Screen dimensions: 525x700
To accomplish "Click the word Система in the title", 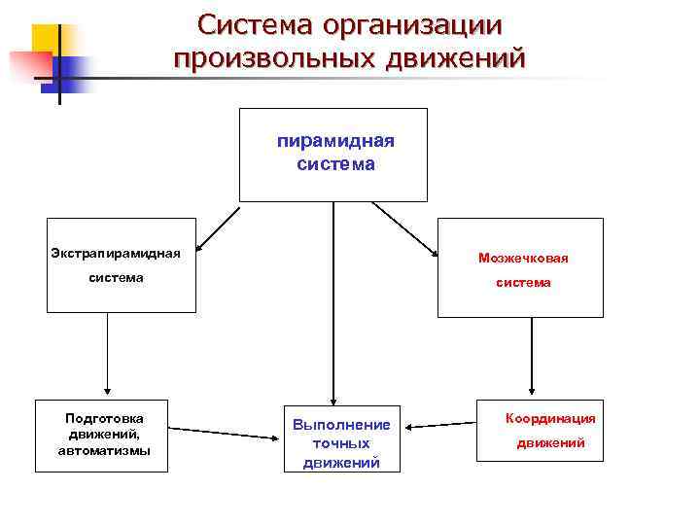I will tap(255, 23).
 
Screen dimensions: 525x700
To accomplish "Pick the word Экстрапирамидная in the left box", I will tap(116, 254).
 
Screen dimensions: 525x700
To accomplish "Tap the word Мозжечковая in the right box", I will tap(523, 259).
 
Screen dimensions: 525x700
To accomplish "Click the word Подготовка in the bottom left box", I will tap(104, 418).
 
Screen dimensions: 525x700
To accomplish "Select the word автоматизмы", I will tap(104, 451).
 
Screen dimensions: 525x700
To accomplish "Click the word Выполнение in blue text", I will tap(340, 425).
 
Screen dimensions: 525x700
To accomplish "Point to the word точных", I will tap(340, 443).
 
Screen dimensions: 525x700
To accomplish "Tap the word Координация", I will tap(550, 418).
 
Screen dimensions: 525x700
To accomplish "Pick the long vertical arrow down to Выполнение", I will tap(333, 301).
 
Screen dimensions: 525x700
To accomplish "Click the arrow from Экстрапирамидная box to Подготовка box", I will tap(107, 355).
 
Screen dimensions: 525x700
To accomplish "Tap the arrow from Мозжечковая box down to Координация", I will tap(531, 355).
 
